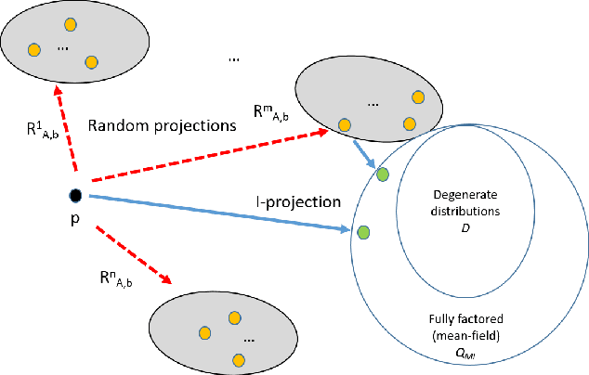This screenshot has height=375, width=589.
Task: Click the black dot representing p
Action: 75,195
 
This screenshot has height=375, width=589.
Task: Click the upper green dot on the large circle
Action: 382,174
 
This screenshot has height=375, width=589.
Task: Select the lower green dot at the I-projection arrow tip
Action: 363,231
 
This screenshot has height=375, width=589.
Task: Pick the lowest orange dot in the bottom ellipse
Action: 238,358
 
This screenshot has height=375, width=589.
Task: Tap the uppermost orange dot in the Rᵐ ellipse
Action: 418,96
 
